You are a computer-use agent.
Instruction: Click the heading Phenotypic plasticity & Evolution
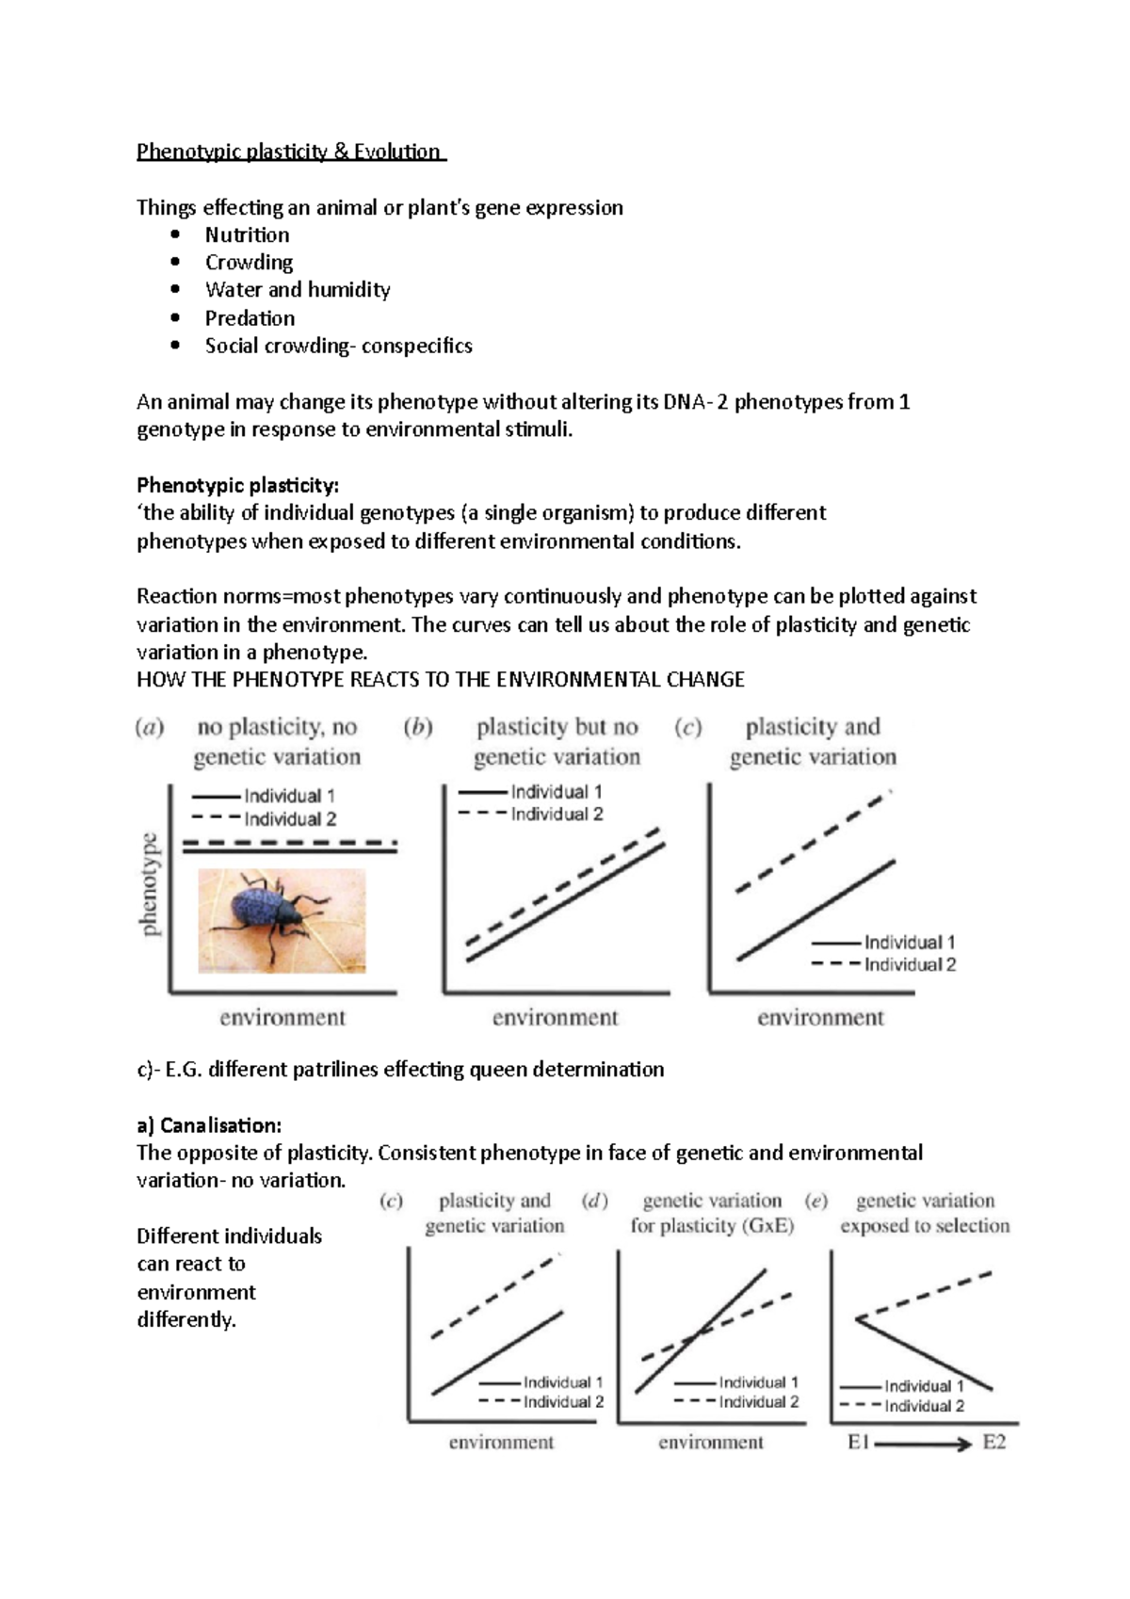[x=289, y=152]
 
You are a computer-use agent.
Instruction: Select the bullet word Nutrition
[x=247, y=235]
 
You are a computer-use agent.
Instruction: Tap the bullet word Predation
[x=250, y=318]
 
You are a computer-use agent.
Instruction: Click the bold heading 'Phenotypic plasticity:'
[x=237, y=486]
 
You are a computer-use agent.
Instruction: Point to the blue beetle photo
[x=282, y=920]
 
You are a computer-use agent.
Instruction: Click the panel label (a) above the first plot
[x=150, y=727]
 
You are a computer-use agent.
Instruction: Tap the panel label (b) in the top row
[x=418, y=727]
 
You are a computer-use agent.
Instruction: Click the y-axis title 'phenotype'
[x=150, y=885]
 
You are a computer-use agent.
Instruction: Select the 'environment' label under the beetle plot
[x=282, y=1018]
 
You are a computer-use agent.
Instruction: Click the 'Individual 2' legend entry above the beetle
[x=289, y=819]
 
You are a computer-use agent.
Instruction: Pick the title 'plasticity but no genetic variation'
[x=557, y=742]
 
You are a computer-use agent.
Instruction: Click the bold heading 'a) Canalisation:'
[x=209, y=1125]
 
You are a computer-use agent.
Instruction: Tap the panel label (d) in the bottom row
[x=595, y=1201]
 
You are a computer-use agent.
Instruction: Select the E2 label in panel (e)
[x=994, y=1443]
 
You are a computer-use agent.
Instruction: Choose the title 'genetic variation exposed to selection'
[x=925, y=1213]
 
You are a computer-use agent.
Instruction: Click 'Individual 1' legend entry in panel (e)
[x=924, y=1386]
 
